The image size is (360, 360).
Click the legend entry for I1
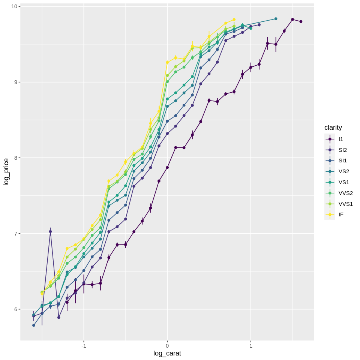[x=340, y=139]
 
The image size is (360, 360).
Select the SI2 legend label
[x=342, y=150]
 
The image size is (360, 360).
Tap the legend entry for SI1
[x=342, y=160]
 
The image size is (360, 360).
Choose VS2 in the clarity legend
[x=343, y=171]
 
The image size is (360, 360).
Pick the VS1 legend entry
[x=343, y=182]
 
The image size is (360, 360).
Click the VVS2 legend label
[x=345, y=193]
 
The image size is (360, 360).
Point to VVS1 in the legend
[x=345, y=204]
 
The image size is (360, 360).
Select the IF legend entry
[x=340, y=214]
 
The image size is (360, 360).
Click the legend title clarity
[x=333, y=127]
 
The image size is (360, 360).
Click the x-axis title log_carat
[x=167, y=353]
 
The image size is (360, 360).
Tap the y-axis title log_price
[x=6, y=172]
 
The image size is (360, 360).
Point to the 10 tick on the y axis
[x=14, y=6]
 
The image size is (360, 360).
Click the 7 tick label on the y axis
[x=16, y=234]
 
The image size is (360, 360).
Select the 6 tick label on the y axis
[x=16, y=309]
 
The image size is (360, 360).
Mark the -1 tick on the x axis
[x=83, y=346]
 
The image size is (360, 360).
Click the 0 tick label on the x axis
[x=167, y=346]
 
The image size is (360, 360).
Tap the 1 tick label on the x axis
[x=251, y=346]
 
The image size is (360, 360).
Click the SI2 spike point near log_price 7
[x=50, y=231]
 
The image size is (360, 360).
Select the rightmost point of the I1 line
[x=301, y=21]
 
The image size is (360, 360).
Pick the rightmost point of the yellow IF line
[x=234, y=19]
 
